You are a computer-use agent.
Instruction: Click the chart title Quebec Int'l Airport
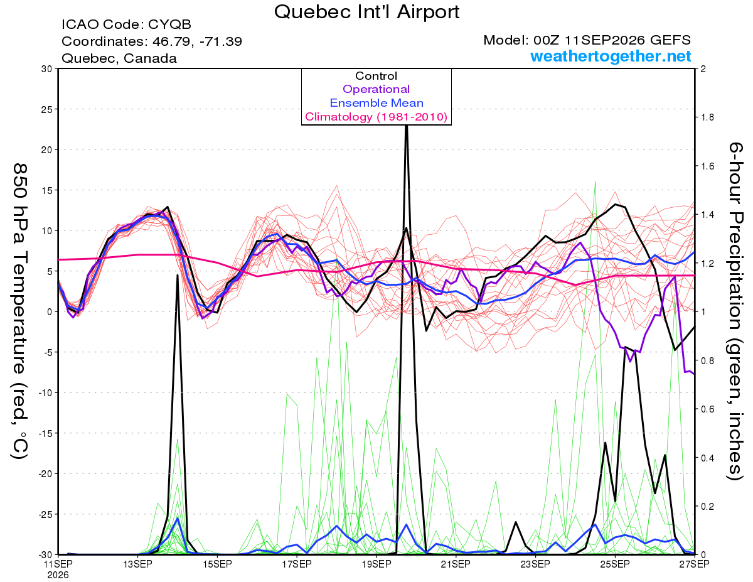[366, 12]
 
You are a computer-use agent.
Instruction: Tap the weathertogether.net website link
[611, 56]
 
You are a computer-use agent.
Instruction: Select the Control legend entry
[376, 75]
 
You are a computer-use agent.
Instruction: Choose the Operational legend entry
[376, 89]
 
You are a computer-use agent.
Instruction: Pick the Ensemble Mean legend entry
[376, 103]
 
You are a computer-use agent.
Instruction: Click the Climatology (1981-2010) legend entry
[376, 117]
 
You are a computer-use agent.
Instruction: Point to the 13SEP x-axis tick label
[137, 564]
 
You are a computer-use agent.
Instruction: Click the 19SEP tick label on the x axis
[376, 564]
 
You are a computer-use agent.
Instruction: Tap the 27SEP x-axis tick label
[694, 564]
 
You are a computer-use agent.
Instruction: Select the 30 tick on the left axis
[46, 69]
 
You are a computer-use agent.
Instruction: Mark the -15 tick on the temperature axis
[45, 433]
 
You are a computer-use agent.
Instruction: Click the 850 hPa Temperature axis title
[19, 312]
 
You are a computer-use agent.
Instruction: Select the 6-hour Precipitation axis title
[735, 311]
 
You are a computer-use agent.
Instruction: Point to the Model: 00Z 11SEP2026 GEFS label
[587, 40]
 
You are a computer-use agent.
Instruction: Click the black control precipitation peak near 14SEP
[178, 275]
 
